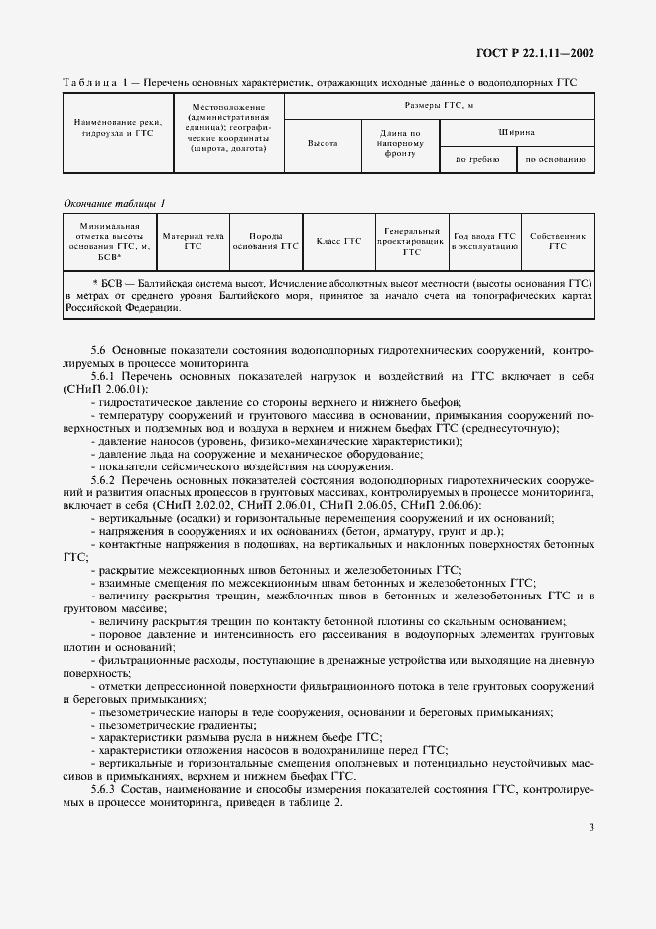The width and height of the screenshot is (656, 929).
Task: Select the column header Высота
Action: tap(323, 143)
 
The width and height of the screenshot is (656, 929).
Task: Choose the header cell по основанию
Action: tap(555, 158)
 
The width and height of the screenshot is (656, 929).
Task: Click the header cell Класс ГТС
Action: tap(338, 241)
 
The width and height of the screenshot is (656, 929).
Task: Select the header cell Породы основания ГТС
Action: tap(265, 241)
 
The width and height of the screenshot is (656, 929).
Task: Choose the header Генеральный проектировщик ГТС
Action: tap(412, 241)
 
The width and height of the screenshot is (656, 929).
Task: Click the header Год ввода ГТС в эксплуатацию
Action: tap(483, 241)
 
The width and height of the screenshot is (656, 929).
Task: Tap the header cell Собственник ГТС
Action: tap(557, 241)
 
